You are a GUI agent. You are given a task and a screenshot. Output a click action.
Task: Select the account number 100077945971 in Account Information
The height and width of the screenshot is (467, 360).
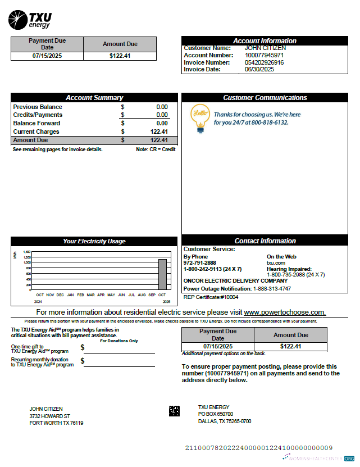point(264,55)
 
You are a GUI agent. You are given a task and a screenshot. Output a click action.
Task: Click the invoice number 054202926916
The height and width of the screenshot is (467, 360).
point(264,62)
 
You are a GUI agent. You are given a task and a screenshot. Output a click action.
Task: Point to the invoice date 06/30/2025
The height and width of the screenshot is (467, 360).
point(259,69)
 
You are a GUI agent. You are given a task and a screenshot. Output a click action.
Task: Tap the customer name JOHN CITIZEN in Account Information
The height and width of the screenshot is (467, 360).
point(265,48)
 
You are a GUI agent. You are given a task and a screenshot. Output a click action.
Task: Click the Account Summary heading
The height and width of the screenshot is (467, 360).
point(94,98)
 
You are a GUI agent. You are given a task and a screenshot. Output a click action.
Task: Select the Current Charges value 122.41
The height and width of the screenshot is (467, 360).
point(159,132)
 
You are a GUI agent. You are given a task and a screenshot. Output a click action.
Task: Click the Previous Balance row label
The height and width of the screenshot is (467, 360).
point(38,107)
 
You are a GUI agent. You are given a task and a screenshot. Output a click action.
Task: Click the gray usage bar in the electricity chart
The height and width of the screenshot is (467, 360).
point(162,274)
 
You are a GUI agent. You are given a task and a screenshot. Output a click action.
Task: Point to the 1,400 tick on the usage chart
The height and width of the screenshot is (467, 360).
point(27,252)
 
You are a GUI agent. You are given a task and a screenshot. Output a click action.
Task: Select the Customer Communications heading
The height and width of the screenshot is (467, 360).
point(265,98)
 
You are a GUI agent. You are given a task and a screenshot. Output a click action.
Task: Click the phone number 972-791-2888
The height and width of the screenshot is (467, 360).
point(199,262)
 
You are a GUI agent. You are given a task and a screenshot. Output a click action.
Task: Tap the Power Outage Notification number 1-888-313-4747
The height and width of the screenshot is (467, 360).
point(272,288)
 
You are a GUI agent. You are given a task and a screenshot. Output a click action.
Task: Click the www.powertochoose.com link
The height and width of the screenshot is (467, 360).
point(284,312)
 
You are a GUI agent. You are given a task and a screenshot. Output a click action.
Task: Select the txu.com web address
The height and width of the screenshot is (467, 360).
point(276,262)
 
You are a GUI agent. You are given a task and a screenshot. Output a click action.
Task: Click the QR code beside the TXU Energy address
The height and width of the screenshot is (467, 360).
point(174,411)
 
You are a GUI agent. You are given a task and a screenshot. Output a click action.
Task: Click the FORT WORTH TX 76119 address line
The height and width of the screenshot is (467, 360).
point(56,423)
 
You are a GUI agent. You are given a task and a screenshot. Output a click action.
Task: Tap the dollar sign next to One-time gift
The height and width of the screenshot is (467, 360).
point(83,348)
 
